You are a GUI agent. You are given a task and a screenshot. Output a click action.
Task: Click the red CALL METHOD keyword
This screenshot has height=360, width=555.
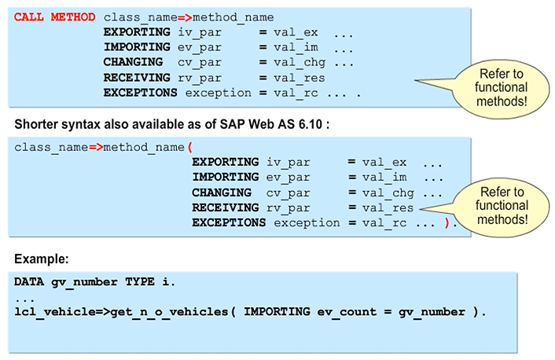coord(55,17)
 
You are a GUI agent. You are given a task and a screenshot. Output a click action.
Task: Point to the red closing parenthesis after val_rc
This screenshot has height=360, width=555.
coord(447,223)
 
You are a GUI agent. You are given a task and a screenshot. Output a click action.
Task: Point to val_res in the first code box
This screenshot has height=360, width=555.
coord(299,78)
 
